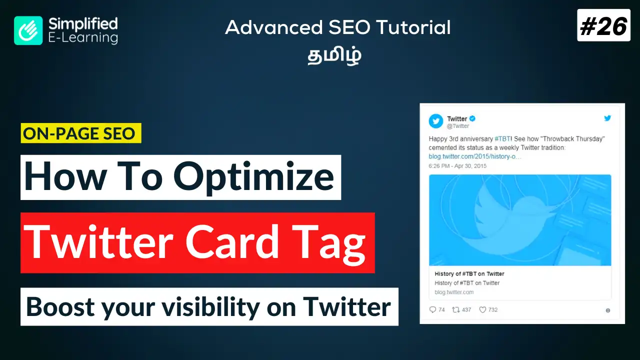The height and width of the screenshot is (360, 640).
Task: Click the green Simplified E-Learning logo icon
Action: [x=28, y=30]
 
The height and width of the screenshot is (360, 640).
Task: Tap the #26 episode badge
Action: [x=603, y=25]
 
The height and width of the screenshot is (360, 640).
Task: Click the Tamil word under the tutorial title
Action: [x=334, y=55]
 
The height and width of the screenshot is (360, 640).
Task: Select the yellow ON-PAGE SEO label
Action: [x=81, y=133]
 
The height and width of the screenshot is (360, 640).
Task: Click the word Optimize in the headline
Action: [x=253, y=177]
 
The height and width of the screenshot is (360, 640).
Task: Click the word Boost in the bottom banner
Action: [x=60, y=307]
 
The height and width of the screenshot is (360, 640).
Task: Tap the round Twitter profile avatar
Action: [x=435, y=121]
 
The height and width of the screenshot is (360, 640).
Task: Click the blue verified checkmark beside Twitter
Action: [x=472, y=118]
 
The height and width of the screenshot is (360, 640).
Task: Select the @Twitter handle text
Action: [x=458, y=126]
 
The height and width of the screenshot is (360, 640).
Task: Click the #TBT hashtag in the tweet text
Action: [x=502, y=139]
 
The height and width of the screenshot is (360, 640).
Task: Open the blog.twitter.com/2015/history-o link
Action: [x=475, y=156]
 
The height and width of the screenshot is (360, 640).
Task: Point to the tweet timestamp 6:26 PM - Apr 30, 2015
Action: [x=457, y=166]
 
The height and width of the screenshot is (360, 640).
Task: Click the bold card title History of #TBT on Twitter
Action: [x=469, y=273]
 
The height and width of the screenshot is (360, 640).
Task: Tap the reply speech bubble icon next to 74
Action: [x=433, y=309]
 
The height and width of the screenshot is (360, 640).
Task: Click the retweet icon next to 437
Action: [x=455, y=309]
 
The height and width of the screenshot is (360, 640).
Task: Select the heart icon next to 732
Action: [x=482, y=309]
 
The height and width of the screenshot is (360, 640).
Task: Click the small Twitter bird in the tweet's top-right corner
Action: [x=607, y=118]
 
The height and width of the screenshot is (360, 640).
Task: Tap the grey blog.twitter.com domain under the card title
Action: [x=454, y=292]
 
